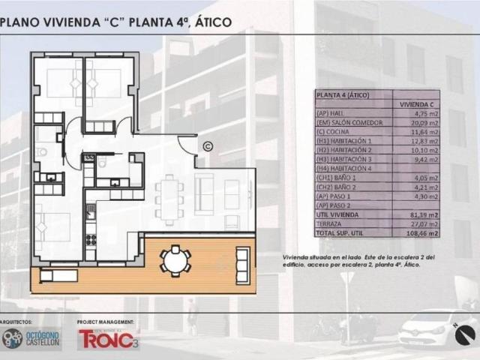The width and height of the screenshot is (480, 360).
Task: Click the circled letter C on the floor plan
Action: tap(208, 146)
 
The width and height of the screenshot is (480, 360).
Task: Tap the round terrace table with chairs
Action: tap(175, 261)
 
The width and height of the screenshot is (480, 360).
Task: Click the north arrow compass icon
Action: tap(465, 334)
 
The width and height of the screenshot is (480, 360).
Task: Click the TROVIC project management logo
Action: tap(108, 340)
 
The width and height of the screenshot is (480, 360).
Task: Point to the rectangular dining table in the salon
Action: tap(169, 198)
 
